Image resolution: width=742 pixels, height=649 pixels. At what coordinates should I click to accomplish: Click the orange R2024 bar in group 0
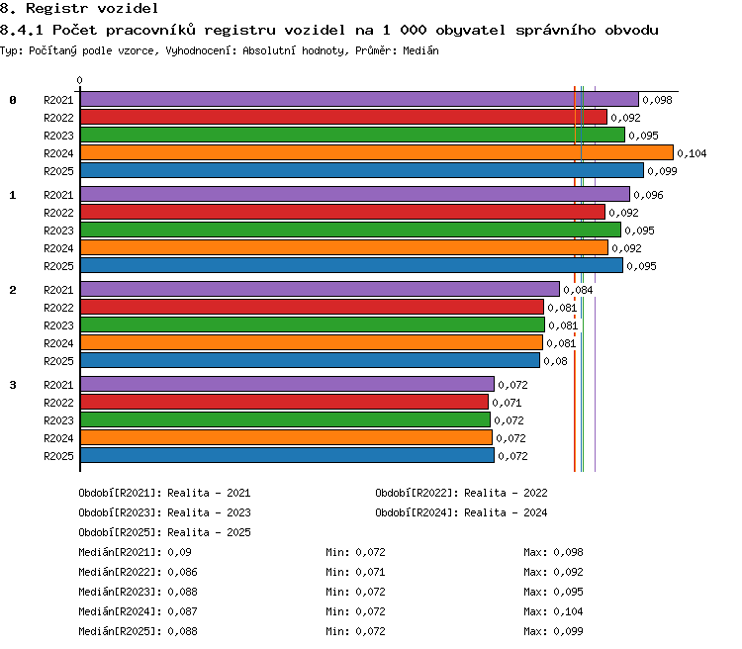(377, 152)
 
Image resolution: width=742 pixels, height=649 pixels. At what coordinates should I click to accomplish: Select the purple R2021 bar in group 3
(287, 384)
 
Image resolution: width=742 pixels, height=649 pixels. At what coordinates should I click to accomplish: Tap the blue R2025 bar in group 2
(310, 360)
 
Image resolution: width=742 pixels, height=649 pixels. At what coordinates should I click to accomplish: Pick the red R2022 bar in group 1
(342, 212)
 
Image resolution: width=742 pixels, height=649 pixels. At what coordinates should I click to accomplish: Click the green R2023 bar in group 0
(352, 135)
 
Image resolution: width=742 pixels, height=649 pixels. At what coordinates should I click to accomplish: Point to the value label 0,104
(692, 153)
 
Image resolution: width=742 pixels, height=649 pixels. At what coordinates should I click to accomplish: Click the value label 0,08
(555, 361)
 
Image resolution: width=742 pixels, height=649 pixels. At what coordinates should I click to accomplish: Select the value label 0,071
(507, 403)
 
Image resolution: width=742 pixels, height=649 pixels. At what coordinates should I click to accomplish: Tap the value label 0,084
(578, 290)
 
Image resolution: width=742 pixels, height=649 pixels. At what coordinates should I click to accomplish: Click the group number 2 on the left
(13, 290)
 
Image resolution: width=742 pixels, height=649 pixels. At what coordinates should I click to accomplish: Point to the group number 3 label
(13, 385)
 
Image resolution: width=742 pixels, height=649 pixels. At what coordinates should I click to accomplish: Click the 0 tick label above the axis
(79, 80)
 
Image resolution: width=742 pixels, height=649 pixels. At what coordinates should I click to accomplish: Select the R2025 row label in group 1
(58, 266)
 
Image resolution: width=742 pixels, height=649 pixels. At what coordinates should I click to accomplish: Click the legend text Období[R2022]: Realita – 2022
(461, 493)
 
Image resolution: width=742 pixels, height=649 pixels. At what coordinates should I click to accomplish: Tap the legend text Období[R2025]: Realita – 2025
(164, 532)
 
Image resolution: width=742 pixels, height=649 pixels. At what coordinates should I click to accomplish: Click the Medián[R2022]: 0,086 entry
(138, 572)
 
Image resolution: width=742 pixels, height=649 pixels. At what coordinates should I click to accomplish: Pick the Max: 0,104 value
(553, 611)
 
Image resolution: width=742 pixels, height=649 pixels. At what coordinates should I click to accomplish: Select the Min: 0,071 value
(355, 572)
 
